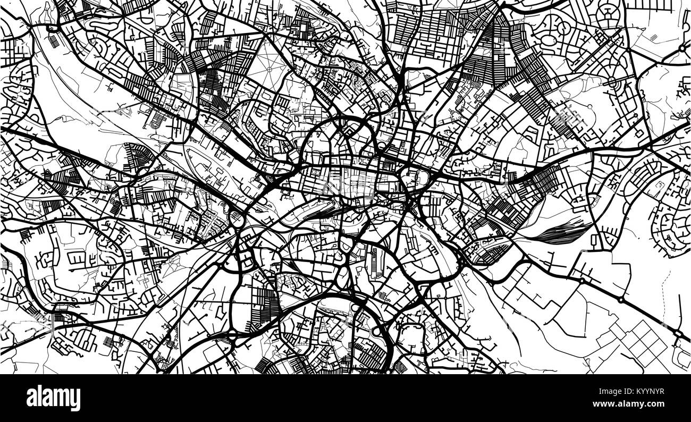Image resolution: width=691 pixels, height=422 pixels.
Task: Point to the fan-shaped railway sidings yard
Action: [563, 233]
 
